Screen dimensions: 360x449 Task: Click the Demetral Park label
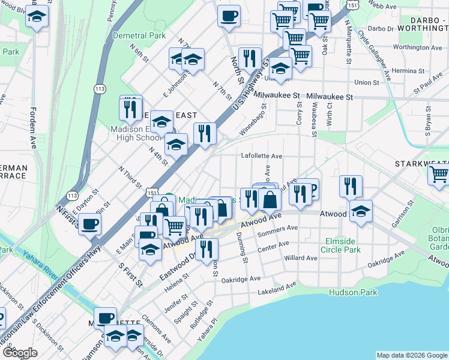(x=139, y=36)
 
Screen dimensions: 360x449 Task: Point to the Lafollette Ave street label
(x=262, y=156)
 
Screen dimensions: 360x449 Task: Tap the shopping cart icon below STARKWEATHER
(x=438, y=174)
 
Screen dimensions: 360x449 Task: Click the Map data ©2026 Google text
(x=411, y=355)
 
